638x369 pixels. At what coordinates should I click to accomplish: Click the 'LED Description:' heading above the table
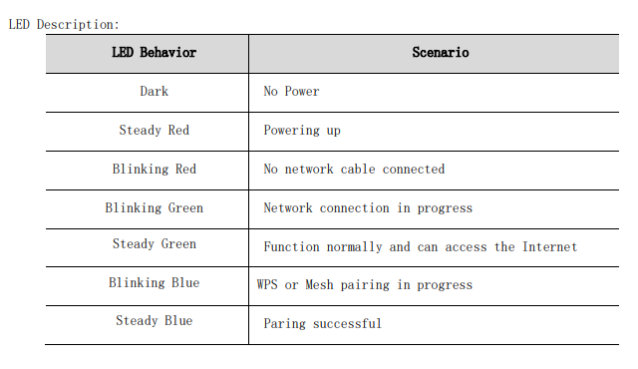(63, 24)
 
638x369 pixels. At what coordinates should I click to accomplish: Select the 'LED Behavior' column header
(154, 52)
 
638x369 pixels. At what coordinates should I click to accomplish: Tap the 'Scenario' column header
(440, 52)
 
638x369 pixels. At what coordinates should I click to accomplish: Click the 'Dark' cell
(154, 92)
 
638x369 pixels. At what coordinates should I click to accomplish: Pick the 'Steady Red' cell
(154, 131)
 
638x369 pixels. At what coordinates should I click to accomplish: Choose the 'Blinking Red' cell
(154, 170)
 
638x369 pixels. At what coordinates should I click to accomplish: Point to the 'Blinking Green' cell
(154, 208)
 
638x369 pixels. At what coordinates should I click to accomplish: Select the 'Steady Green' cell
(154, 244)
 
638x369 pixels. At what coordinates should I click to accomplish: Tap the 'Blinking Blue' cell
(154, 283)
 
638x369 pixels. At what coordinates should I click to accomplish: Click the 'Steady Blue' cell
(154, 321)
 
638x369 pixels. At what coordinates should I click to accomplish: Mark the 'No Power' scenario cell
(291, 92)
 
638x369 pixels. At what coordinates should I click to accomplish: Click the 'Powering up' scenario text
(302, 131)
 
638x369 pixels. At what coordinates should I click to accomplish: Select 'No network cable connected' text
(354, 170)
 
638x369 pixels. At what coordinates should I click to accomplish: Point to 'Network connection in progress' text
(368, 208)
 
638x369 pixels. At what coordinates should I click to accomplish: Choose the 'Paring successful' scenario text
(322, 323)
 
